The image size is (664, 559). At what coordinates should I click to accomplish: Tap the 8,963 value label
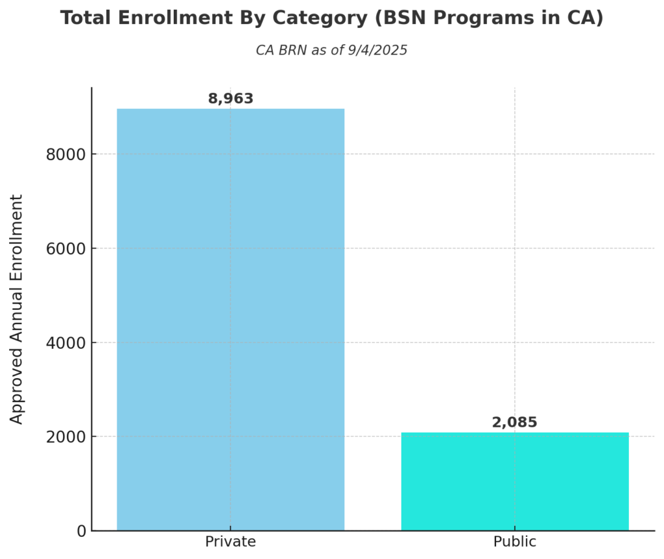tap(230, 99)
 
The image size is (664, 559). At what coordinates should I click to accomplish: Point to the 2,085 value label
tap(514, 423)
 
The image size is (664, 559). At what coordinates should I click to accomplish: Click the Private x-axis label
tap(230, 542)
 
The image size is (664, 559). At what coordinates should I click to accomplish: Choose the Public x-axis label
tap(515, 542)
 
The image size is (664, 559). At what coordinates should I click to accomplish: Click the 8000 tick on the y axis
tap(66, 154)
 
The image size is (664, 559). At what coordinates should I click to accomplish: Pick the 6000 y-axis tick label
tap(66, 248)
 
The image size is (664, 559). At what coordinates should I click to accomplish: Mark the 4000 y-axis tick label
tap(66, 342)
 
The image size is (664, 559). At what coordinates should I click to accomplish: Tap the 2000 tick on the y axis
tap(66, 437)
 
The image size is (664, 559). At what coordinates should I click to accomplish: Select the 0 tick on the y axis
tap(81, 531)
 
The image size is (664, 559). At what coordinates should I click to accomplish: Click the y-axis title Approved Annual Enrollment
tap(17, 309)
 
